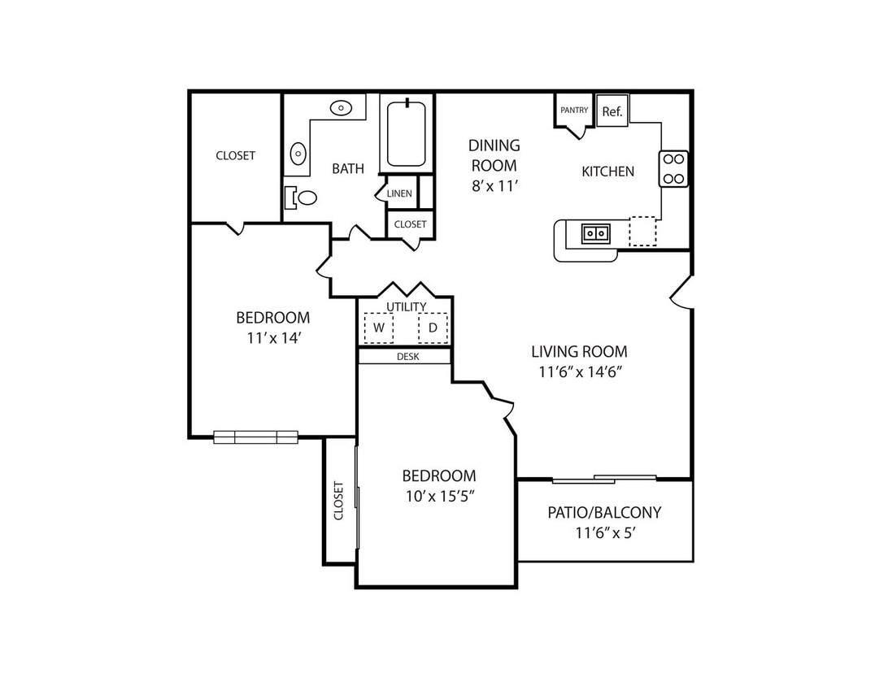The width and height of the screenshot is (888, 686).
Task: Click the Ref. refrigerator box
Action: click(x=612, y=111)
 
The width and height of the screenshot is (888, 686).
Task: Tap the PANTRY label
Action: click(x=574, y=111)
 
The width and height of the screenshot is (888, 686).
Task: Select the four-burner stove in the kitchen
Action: click(x=673, y=169)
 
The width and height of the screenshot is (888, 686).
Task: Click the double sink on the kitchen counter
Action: click(x=596, y=233)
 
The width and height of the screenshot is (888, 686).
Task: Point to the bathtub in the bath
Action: click(x=406, y=134)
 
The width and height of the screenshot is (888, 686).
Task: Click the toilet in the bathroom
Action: click(x=301, y=198)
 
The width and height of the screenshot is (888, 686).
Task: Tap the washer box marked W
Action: click(x=379, y=328)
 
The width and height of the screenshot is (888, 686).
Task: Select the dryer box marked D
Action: click(x=433, y=328)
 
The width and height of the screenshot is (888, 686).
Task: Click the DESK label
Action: click(x=407, y=357)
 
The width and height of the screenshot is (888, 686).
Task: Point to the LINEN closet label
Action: click(x=399, y=193)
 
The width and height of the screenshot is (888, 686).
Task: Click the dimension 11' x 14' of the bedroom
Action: click(x=273, y=338)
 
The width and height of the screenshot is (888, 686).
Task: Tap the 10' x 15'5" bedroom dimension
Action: click(x=440, y=497)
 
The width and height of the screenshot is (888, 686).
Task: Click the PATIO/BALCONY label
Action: click(x=604, y=512)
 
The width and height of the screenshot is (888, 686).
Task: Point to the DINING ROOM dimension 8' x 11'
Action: click(x=495, y=185)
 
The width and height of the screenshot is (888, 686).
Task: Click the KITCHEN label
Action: click(x=607, y=171)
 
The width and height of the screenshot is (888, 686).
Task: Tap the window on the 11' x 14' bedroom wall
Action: click(x=256, y=437)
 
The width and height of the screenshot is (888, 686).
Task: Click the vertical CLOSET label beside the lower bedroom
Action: click(x=338, y=501)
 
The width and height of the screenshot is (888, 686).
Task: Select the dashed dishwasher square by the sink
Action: click(x=642, y=231)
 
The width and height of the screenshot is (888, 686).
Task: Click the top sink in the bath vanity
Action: click(x=341, y=107)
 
